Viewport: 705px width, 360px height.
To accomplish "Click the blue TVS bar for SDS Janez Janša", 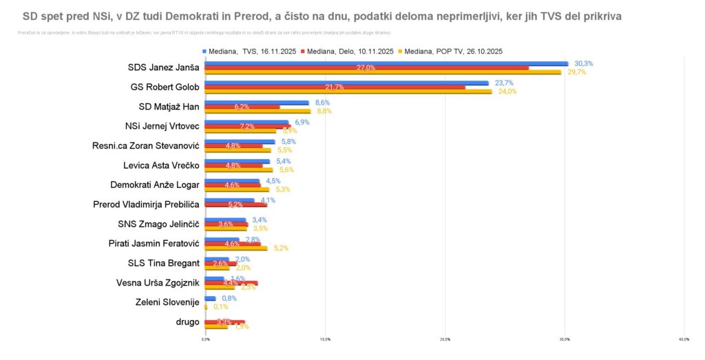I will tap(386, 63).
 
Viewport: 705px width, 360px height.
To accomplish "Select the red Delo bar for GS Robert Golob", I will tap(335, 87).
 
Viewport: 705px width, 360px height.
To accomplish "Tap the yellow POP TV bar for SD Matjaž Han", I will tap(257, 111).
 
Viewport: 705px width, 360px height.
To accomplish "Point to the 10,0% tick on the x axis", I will tap(325, 339).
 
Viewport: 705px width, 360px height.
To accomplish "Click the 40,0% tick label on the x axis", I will tap(684, 339).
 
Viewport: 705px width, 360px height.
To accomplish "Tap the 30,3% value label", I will tap(584, 63).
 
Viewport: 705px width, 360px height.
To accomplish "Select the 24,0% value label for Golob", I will tap(507, 92).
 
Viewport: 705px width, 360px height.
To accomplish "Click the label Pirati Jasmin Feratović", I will tap(154, 244).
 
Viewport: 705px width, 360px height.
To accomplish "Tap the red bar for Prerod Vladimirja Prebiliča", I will tap(235, 204).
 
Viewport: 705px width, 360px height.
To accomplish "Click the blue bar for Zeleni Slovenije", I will tap(210, 298).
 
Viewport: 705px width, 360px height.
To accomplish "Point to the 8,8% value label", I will tap(324, 111).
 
